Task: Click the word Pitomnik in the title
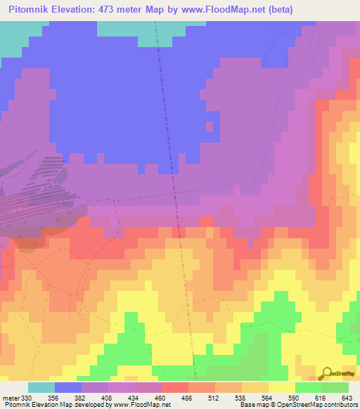click(x=31, y=9)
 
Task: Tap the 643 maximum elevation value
click(x=347, y=397)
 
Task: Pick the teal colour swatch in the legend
click(x=41, y=387)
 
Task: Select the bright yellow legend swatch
click(x=282, y=387)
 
